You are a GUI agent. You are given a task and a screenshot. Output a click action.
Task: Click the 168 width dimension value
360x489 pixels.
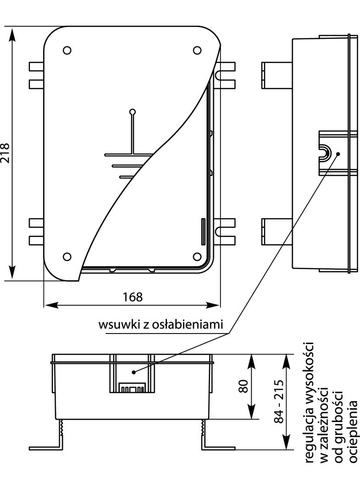[x=132, y=297]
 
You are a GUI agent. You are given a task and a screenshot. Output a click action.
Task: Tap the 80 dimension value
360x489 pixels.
[x=243, y=386]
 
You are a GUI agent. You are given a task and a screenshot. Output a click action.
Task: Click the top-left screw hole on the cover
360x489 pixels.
[x=67, y=50]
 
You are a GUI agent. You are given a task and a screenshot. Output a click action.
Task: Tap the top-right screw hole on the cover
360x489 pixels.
[x=197, y=50]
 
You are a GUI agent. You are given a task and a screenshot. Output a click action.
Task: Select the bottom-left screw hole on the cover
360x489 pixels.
[x=67, y=256]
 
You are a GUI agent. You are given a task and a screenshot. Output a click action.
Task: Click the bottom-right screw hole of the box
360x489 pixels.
[x=197, y=256]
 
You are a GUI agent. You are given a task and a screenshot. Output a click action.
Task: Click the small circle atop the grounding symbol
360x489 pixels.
[x=132, y=111]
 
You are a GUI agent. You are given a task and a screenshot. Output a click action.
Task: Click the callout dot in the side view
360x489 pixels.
[x=338, y=153]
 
